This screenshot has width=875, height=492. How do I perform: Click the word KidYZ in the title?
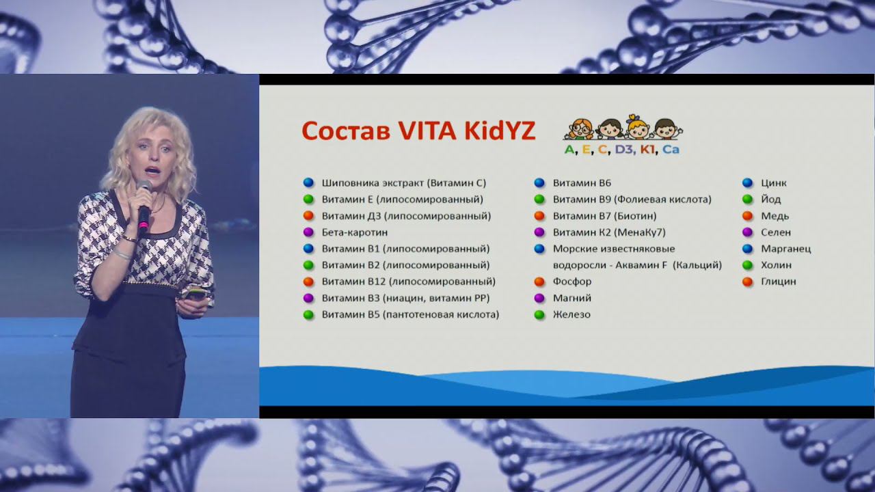tap(496, 131)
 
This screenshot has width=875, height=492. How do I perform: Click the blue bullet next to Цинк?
tap(747, 183)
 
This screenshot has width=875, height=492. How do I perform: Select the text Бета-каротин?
tap(354, 232)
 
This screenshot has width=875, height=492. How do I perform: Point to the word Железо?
tap(571, 314)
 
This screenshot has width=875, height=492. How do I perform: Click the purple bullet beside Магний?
tap(539, 298)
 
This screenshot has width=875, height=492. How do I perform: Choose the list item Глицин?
tap(778, 282)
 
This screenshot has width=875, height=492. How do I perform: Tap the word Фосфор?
tap(572, 282)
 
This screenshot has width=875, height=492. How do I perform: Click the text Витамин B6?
tap(582, 183)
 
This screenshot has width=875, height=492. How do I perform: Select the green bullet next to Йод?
tap(747, 200)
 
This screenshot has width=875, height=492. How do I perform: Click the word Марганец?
tap(785, 249)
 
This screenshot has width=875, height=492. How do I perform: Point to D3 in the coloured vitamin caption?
tap(623, 150)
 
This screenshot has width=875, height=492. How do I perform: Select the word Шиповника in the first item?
tap(346, 183)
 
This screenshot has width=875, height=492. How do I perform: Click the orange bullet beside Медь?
tap(747, 216)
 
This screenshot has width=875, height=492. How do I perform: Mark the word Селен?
tap(776, 232)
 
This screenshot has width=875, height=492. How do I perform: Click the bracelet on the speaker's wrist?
tap(122, 254)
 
